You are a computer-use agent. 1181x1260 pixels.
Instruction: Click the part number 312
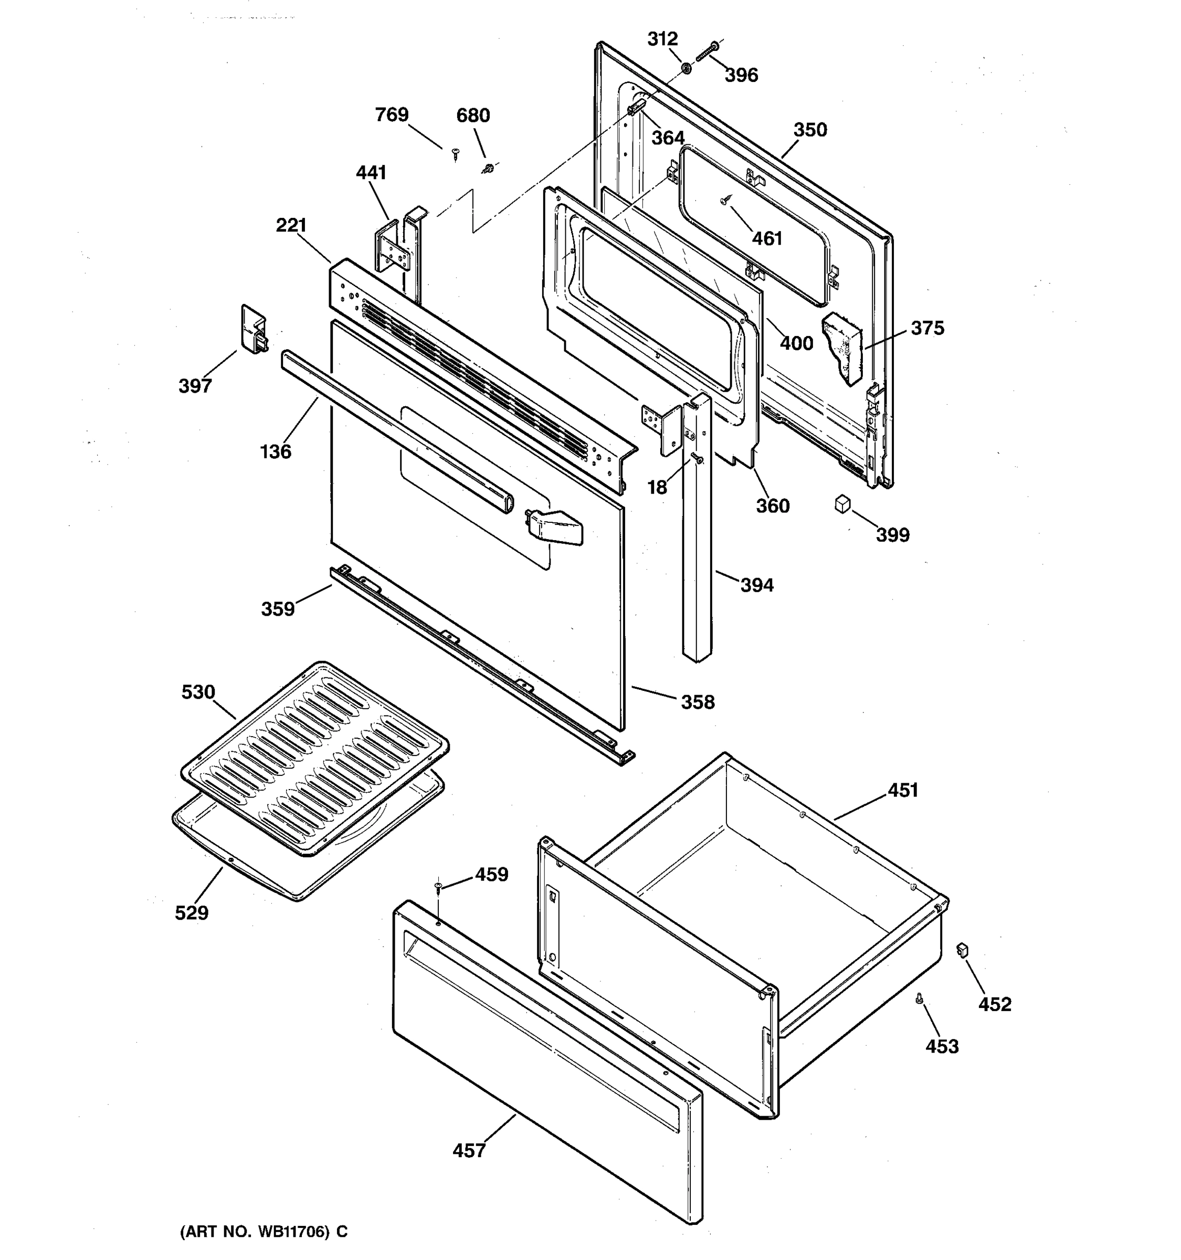(x=662, y=39)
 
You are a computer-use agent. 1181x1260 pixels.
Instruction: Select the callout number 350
(x=810, y=130)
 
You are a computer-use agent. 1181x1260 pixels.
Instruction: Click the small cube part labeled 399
(x=841, y=505)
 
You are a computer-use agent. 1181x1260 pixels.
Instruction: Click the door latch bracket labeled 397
(x=254, y=330)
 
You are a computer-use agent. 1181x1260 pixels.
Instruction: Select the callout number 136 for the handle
(x=276, y=452)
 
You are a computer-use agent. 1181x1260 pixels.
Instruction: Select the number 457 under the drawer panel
(x=469, y=1150)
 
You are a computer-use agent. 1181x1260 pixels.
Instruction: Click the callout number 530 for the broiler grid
(x=198, y=692)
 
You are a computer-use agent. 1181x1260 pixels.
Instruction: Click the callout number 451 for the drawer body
(x=902, y=790)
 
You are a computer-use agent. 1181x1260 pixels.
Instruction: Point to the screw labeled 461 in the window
(x=725, y=201)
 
